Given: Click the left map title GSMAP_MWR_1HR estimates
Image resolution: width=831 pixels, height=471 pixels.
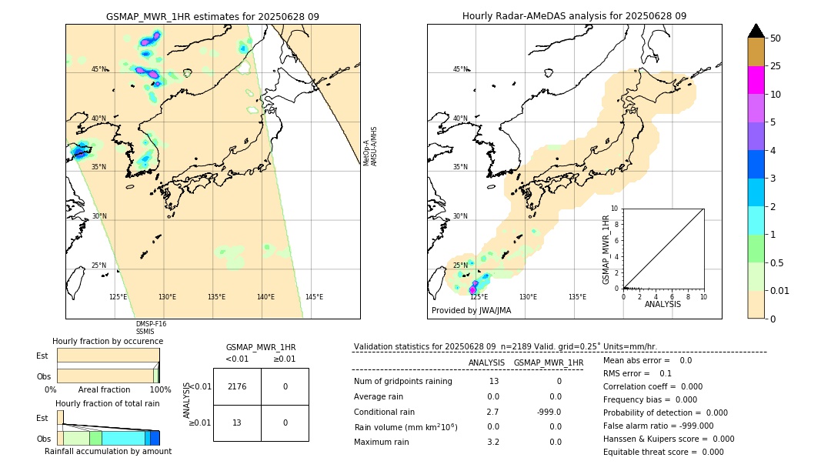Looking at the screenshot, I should pos(212,16).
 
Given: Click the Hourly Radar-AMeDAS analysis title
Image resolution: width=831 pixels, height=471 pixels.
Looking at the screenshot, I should pos(574,16).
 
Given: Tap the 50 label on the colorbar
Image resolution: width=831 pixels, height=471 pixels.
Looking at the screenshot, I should pos(776,38).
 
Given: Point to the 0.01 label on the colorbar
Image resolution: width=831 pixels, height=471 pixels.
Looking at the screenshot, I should pos(780,290).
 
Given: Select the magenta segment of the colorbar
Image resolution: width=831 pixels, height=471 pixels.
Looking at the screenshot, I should pos(756,80).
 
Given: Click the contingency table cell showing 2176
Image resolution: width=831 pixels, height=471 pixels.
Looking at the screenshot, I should pos(237,386).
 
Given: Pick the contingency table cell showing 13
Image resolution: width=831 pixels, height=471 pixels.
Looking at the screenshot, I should pos(237,423).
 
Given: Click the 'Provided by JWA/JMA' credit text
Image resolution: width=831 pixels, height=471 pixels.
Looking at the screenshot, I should pos(471,311).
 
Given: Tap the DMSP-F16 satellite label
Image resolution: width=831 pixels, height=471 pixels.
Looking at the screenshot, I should pos(151,324).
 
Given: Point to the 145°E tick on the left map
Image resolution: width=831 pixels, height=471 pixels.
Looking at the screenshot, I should pos(314,297).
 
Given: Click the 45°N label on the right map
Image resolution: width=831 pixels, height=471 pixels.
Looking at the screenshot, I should pos(460,69).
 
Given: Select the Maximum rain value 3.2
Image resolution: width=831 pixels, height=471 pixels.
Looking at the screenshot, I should pos(493,442).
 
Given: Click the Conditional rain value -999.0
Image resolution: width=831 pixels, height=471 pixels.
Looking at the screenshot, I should pos(549,412).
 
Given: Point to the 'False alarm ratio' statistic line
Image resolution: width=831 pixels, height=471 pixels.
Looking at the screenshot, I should pos(658,426).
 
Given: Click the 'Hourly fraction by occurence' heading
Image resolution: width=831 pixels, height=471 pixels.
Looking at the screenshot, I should pos(108,341).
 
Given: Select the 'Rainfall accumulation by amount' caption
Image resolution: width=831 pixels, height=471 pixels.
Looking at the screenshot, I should pos(108,451).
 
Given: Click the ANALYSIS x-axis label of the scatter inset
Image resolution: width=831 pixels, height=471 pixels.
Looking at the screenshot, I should pos(662,304).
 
